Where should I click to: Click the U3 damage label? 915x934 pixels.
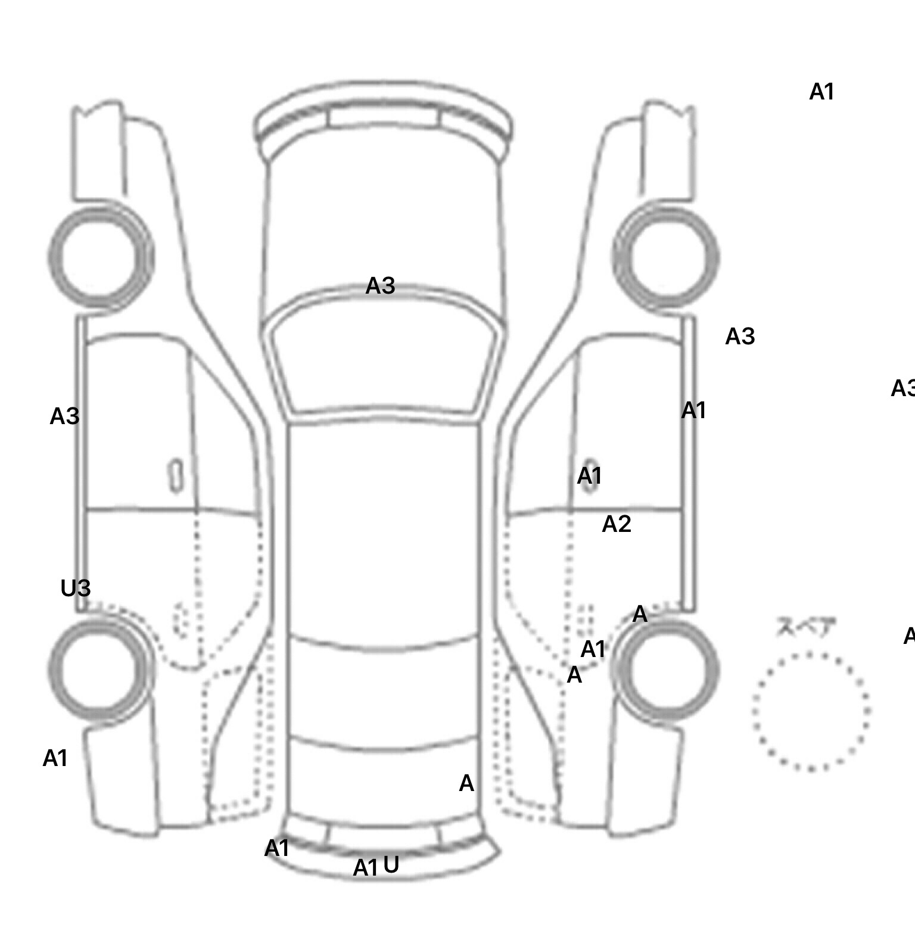(x=76, y=588)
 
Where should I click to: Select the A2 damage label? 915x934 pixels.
(x=617, y=524)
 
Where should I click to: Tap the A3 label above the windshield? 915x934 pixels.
(x=380, y=286)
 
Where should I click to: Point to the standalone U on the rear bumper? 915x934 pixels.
(x=391, y=864)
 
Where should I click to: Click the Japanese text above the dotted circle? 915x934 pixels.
(x=798, y=627)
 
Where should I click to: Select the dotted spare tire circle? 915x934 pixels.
(x=811, y=712)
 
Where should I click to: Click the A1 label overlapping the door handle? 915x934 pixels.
(x=590, y=476)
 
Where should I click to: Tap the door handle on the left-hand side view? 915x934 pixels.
(x=176, y=476)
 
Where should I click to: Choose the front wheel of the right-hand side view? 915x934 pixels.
(x=666, y=257)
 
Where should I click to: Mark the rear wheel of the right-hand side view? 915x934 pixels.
(x=666, y=668)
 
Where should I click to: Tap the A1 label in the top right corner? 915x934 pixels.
(x=821, y=92)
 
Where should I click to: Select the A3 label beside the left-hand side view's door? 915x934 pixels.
(x=64, y=416)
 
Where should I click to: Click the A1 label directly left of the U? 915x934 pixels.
(x=365, y=868)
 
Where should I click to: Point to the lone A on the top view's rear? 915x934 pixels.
(x=466, y=783)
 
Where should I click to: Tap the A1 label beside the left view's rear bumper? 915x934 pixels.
(x=55, y=758)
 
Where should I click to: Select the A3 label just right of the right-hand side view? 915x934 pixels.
(x=740, y=337)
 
